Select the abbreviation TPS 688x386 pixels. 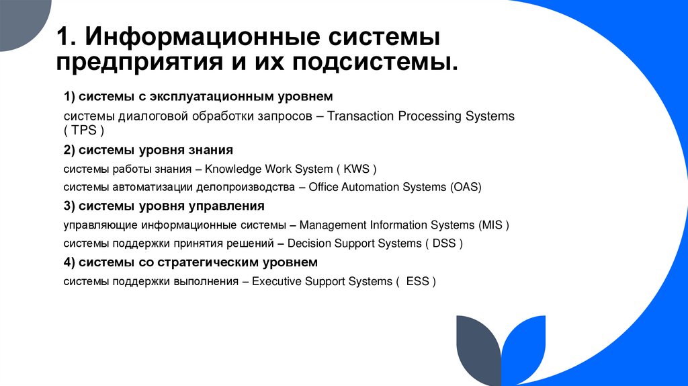coord(85,131)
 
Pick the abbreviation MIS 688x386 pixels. coord(491,225)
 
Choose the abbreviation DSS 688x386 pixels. coord(444,243)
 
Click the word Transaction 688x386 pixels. coord(361,116)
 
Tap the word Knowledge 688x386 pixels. coord(234,169)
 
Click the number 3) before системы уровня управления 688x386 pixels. coord(70,206)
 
